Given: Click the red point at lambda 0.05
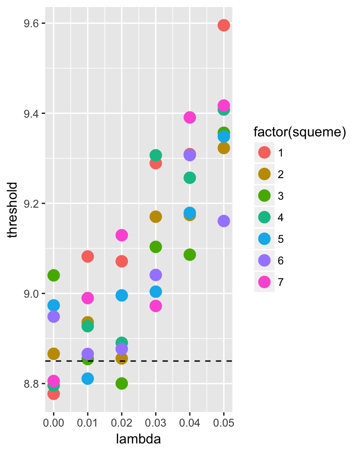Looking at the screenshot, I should [x=224, y=25].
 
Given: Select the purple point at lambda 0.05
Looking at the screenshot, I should [x=224, y=221].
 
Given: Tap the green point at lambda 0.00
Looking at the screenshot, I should [x=53, y=275].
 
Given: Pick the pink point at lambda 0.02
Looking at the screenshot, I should [x=122, y=235].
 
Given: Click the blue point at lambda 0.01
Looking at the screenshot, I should [x=88, y=378].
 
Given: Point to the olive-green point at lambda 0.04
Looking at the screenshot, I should [x=190, y=255].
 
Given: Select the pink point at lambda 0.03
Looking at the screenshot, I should [x=156, y=306].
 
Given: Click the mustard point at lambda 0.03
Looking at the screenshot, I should [x=156, y=217].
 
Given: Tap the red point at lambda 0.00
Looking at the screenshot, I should [x=53, y=394].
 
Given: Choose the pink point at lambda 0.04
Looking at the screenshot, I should [x=190, y=117].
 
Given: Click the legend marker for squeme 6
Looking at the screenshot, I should [x=264, y=261].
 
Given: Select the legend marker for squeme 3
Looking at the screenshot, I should [x=264, y=196].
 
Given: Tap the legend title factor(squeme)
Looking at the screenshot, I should [x=300, y=133].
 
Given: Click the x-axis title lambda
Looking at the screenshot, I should [x=139, y=439].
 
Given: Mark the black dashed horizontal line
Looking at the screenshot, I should [x=141, y=361].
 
